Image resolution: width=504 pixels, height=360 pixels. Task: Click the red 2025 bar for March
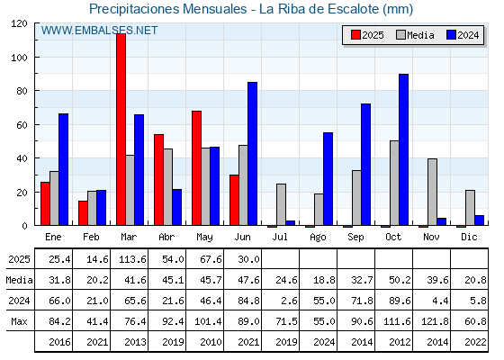coord(121,130)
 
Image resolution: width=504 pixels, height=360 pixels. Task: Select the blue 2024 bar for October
coord(403,149)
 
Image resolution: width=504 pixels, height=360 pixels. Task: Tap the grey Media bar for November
coord(432,192)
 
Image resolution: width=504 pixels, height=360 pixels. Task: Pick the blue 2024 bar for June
coord(252,154)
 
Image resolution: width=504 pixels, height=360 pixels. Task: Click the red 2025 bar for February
coord(83,213)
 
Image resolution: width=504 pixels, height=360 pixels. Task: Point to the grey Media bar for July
coord(281,204)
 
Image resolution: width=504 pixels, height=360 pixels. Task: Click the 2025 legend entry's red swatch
coord(355,35)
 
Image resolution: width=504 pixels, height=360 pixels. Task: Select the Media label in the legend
coord(420,35)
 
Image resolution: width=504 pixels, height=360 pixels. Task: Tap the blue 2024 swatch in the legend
coord(451,35)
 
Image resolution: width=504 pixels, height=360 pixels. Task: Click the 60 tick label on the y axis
coord(22,125)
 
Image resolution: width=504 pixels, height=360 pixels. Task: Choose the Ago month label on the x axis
coord(318,238)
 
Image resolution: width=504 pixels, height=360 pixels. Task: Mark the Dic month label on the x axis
coord(469,237)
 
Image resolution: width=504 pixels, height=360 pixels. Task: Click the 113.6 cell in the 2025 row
coord(132,259)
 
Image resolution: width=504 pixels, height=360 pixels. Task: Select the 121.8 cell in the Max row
coord(435,321)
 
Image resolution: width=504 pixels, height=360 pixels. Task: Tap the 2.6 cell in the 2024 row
coord(287,301)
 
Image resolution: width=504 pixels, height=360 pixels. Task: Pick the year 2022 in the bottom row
coord(475,342)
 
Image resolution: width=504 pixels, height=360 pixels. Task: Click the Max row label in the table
coord(19,321)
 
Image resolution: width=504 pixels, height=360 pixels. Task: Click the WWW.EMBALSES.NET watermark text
coord(99,31)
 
